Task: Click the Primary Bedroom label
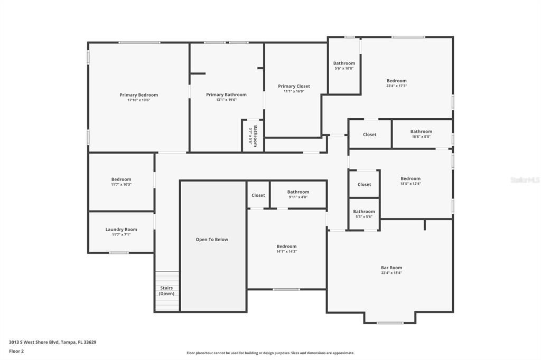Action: (x=138, y=95)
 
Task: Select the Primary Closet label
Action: (x=294, y=86)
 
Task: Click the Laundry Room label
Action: (x=121, y=230)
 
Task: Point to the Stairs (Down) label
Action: (x=166, y=291)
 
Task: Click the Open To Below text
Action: (x=212, y=240)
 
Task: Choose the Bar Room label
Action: (x=391, y=268)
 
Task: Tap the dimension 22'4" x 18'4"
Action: (x=391, y=273)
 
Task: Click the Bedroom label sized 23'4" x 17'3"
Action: (x=396, y=81)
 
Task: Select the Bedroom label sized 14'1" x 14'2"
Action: (x=286, y=247)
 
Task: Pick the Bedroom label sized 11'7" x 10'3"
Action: (x=121, y=179)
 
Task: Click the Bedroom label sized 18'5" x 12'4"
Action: (x=411, y=178)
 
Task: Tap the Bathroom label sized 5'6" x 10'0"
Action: (x=344, y=63)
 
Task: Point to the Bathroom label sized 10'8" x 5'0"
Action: (x=421, y=131)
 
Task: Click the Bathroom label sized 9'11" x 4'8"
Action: (x=298, y=192)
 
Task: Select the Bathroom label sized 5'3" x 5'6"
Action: (x=364, y=212)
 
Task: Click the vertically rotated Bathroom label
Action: (x=255, y=136)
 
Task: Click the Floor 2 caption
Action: (x=16, y=351)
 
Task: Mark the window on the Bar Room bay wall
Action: (x=390, y=323)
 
